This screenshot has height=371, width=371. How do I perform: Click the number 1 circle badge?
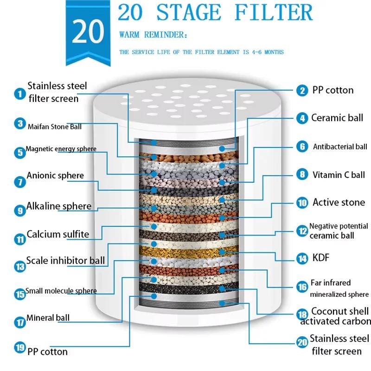click(19, 94)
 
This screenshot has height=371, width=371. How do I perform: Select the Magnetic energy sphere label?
click(61, 149)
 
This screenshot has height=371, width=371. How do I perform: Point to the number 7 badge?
click(19, 181)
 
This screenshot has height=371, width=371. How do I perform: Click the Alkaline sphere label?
click(59, 206)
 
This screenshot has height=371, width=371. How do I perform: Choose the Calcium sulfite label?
click(58, 234)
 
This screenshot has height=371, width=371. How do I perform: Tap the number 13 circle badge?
click(19, 266)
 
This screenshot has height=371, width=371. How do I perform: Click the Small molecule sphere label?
click(61, 291)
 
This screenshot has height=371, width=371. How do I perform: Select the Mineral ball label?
click(48, 318)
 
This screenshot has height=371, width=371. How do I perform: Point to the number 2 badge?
click(302, 90)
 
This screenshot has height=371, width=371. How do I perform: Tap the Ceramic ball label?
click(337, 118)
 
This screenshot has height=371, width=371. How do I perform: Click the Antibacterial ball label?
click(340, 147)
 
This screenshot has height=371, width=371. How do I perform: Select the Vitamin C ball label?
click(339, 175)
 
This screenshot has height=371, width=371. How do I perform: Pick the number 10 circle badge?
click(302, 203)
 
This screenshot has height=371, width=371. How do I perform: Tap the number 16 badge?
click(302, 288)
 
